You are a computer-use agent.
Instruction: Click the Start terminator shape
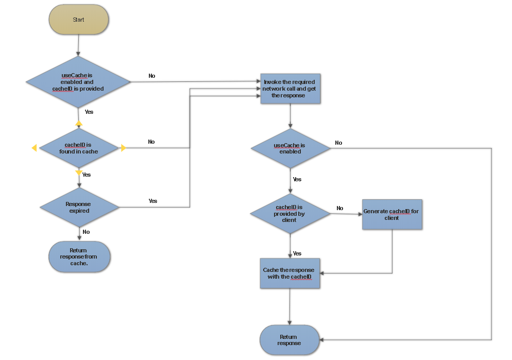pyautogui.click(x=78, y=20)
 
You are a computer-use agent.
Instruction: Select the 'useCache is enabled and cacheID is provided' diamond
pyautogui.click(x=78, y=82)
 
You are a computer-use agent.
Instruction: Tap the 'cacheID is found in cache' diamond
pyautogui.click(x=79, y=148)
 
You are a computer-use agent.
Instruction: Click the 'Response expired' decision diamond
pyautogui.click(x=79, y=207)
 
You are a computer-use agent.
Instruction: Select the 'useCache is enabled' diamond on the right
pyautogui.click(x=291, y=148)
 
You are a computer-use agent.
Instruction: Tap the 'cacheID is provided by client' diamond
pyautogui.click(x=290, y=213)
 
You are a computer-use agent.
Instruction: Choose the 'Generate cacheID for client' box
pyautogui.click(x=391, y=214)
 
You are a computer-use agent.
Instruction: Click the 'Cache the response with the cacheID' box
pyautogui.click(x=290, y=273)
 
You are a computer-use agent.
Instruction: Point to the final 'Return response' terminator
pyautogui.click(x=289, y=340)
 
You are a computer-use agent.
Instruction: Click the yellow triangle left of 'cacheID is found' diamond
pyautogui.click(x=34, y=148)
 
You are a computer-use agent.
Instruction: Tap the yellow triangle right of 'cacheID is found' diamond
pyautogui.click(x=124, y=148)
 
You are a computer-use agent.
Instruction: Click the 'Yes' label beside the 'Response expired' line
pyautogui.click(x=153, y=201)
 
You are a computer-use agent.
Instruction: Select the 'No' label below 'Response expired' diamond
pyautogui.click(x=86, y=232)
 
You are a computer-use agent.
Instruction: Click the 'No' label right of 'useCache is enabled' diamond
pyautogui.click(x=338, y=143)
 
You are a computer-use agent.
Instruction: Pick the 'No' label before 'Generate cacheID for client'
pyautogui.click(x=340, y=208)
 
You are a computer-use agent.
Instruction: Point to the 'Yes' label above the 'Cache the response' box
pyautogui.click(x=297, y=253)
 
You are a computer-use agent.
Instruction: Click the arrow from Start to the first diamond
pyautogui.click(x=78, y=45)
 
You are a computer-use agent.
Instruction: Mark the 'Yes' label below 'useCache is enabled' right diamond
pyautogui.click(x=297, y=179)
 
